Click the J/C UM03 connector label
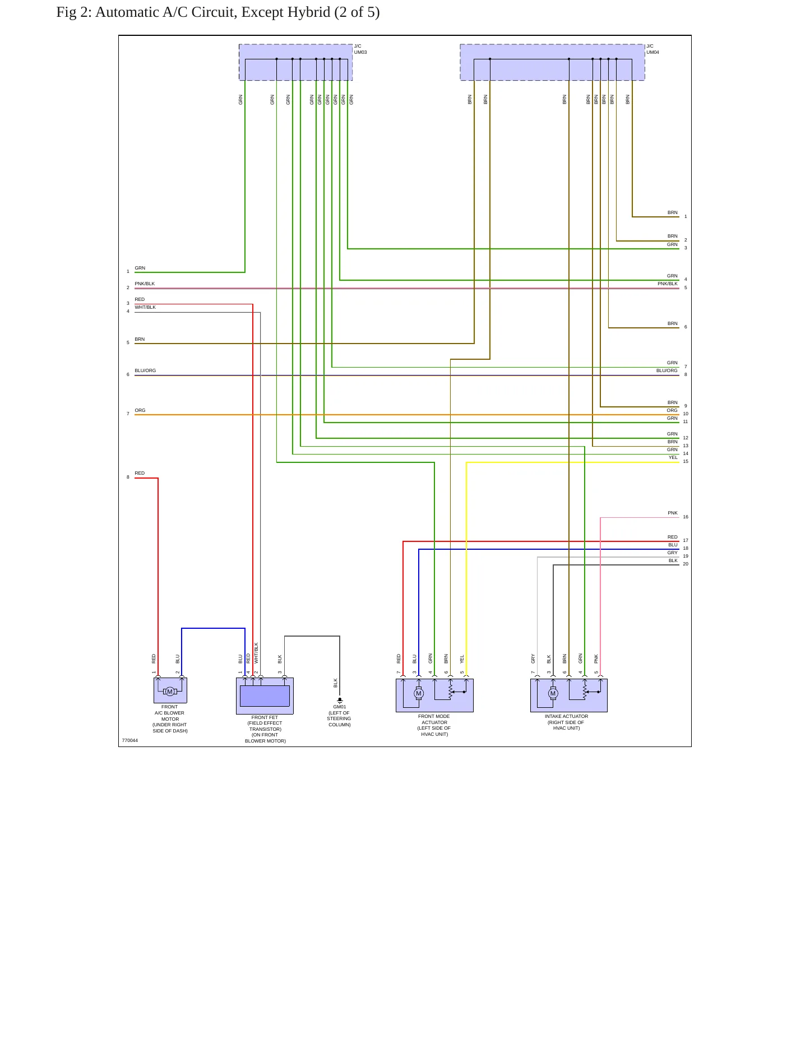(360, 49)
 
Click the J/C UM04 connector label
(652, 49)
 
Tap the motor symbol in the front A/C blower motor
(170, 692)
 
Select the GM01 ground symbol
(340, 701)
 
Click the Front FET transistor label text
(265, 729)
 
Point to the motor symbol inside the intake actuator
(553, 693)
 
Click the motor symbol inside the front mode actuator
(418, 693)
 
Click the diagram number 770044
(130, 740)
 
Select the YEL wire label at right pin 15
(673, 457)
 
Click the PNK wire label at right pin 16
(673, 513)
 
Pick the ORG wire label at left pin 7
(140, 410)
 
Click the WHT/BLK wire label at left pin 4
(145, 307)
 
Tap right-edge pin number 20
(686, 564)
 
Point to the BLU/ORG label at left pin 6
(145, 370)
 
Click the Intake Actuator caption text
(566, 722)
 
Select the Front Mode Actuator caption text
(434, 725)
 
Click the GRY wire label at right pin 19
(673, 553)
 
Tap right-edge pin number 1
(686, 216)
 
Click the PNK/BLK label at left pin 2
(145, 284)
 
